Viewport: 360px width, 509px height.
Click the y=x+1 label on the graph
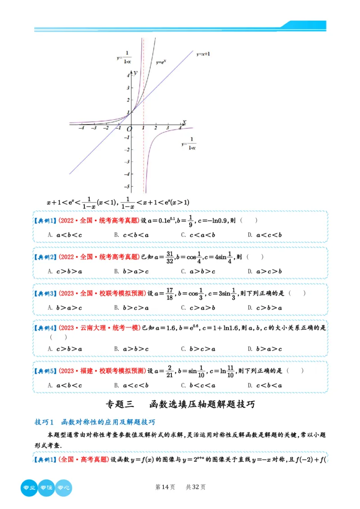(x=203, y=54)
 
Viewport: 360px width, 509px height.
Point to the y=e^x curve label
(x=162, y=63)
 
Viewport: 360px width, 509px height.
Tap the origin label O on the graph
(x=130, y=129)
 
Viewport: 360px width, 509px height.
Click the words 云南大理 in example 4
(x=96, y=328)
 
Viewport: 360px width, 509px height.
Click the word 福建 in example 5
(x=87, y=371)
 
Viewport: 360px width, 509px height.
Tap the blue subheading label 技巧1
(x=44, y=422)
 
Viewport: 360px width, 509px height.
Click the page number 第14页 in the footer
(x=165, y=487)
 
